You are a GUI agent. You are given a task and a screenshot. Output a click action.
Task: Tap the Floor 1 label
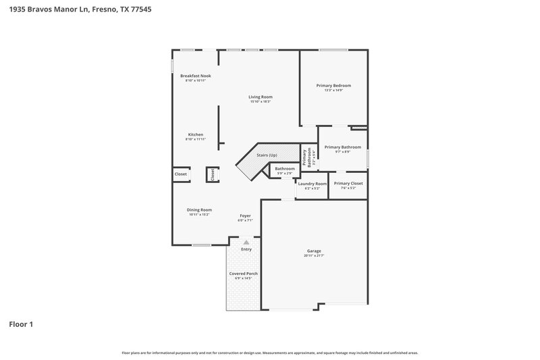click(x=21, y=324)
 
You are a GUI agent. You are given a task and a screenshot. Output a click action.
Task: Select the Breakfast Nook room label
click(x=195, y=76)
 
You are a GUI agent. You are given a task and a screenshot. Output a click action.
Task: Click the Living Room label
click(x=260, y=97)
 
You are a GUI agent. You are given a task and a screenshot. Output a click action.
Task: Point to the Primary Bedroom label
click(x=333, y=86)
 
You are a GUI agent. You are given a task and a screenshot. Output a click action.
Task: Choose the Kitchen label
click(x=195, y=134)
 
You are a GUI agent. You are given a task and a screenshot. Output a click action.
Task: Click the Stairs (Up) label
click(x=267, y=155)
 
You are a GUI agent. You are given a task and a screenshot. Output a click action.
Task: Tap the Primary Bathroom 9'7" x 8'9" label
click(x=342, y=147)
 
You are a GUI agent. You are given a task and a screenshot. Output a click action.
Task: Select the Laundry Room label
click(x=312, y=184)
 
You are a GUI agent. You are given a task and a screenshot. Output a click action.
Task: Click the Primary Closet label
click(x=348, y=183)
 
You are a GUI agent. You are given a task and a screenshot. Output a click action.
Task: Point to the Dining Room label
click(x=199, y=209)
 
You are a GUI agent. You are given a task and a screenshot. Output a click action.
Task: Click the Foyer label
click(x=244, y=215)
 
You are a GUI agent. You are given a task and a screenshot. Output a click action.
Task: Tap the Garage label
click(x=314, y=251)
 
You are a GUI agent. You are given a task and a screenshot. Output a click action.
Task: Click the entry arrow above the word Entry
click(x=246, y=241)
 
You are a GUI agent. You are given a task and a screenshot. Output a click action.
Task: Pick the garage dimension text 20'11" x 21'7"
click(x=314, y=255)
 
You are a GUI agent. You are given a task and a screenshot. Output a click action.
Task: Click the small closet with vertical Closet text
click(x=211, y=174)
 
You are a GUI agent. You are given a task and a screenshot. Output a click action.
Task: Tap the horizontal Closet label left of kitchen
click(x=180, y=174)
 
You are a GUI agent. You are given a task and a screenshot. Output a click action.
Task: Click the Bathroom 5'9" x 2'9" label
click(x=284, y=168)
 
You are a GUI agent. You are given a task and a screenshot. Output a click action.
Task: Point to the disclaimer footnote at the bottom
click(x=269, y=353)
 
